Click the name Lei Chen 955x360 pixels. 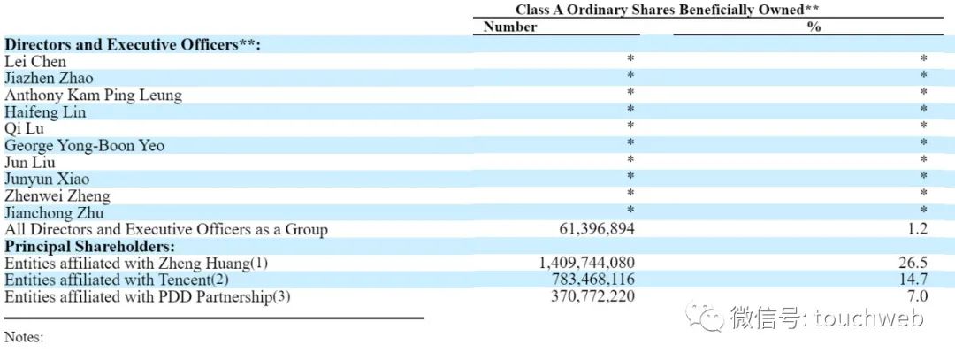pyautogui.click(x=35, y=61)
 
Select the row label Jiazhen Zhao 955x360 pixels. pyautogui.click(x=49, y=78)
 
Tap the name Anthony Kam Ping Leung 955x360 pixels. pyautogui.click(x=93, y=95)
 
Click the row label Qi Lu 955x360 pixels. pyautogui.click(x=24, y=128)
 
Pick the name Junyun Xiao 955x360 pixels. pyautogui.click(x=47, y=180)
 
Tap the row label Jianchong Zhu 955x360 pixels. pyautogui.click(x=54, y=213)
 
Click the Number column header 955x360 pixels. pyautogui.click(x=510, y=27)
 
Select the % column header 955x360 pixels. pyautogui.click(x=814, y=27)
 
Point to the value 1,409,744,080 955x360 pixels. pyautogui.click(x=586, y=264)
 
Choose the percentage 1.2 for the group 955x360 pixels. pyautogui.click(x=918, y=230)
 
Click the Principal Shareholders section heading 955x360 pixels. pyautogui.click(x=89, y=247)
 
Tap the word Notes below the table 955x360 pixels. pyautogui.click(x=24, y=337)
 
